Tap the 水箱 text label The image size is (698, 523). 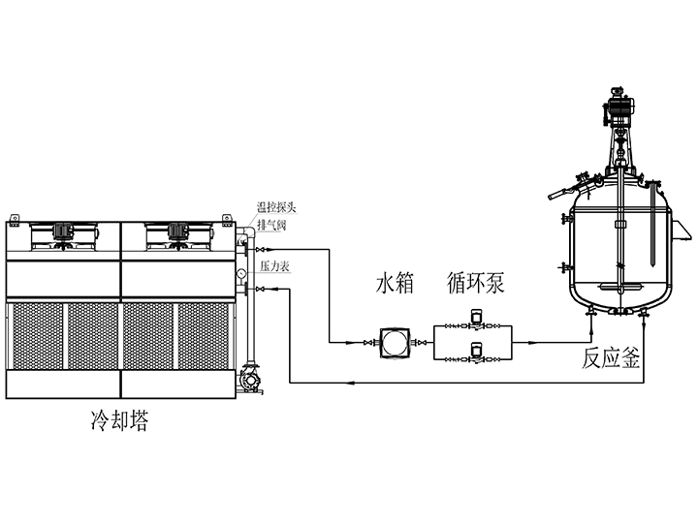click(396, 284)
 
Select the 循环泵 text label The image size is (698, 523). click(476, 284)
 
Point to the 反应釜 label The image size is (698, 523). click(611, 359)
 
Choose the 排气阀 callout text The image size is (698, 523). click(272, 225)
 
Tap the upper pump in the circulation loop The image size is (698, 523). click(475, 319)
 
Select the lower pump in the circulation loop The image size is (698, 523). click(475, 352)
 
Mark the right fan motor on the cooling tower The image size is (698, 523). click(177, 231)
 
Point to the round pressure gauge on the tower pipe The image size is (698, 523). click(240, 275)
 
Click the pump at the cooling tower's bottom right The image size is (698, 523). click(249, 379)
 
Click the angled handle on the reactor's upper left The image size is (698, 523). click(555, 196)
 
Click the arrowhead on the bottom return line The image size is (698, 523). click(354, 384)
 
